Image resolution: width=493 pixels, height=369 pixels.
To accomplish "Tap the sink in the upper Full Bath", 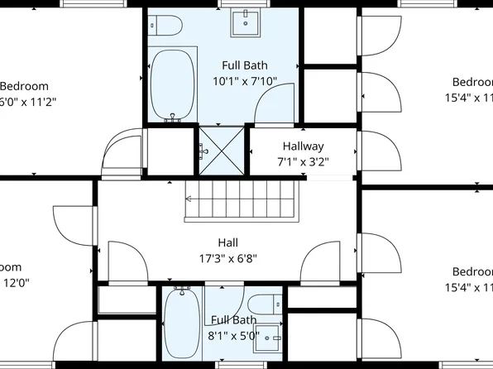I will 245,23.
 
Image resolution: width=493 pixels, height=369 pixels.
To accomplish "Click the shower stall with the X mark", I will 222,146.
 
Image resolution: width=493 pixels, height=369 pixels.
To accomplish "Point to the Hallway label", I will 302,146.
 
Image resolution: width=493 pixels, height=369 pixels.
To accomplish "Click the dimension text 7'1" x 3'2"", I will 303,162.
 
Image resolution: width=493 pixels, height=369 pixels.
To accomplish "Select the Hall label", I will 227,242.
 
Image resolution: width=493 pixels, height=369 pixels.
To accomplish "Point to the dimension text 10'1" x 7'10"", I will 245,81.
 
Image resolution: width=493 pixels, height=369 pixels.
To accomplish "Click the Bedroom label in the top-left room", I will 25,86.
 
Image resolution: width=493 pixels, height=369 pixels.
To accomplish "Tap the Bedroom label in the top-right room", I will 472,81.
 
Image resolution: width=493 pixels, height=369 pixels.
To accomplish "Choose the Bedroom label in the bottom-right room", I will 472,272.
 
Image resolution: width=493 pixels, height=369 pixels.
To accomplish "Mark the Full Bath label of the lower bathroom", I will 233,320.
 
